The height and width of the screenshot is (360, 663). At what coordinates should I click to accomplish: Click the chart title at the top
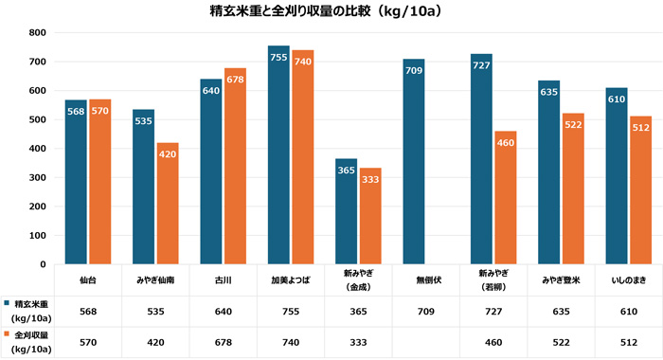(331, 12)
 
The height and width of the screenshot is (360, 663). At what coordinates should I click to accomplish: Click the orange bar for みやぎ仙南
(168, 203)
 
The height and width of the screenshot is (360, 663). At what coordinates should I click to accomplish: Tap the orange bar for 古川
(235, 166)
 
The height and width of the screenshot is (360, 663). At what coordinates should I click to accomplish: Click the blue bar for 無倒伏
(414, 161)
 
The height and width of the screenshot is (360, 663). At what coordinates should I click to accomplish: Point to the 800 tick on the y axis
(38, 33)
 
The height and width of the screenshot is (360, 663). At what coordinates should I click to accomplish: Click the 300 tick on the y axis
(38, 178)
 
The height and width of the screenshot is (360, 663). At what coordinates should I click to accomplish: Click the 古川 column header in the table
(224, 280)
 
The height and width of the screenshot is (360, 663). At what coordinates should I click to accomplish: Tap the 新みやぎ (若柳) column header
(493, 280)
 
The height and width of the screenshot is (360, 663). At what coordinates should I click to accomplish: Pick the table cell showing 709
(425, 311)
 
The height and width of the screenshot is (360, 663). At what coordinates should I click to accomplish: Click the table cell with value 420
(155, 342)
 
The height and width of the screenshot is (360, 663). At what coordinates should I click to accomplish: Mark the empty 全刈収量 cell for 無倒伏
(425, 342)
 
